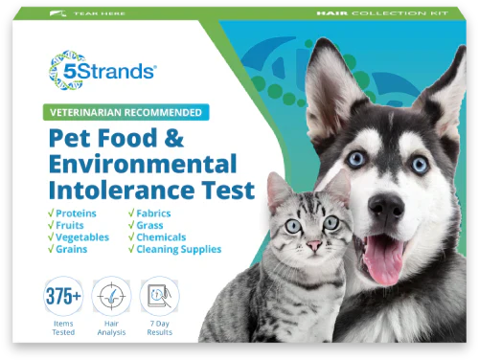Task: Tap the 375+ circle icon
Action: pyautogui.click(x=62, y=295)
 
